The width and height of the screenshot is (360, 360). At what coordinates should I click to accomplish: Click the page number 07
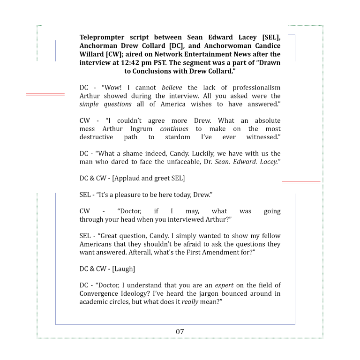[180, 332]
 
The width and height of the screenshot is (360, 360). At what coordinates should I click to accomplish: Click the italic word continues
[174, 129]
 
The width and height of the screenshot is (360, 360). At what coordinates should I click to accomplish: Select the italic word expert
[225, 285]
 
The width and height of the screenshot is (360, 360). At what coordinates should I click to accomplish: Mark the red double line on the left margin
[45, 94]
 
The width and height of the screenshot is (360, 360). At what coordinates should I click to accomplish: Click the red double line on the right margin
[301, 182]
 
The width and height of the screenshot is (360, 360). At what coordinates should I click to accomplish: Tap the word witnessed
[263, 137]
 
